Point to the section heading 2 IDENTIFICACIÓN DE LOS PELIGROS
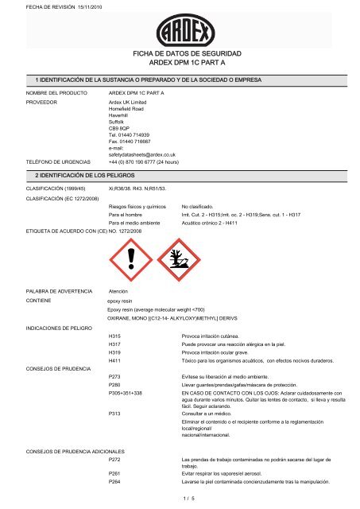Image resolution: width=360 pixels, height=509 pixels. point(81,173)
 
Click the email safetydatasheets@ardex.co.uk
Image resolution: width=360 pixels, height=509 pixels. point(141,154)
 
